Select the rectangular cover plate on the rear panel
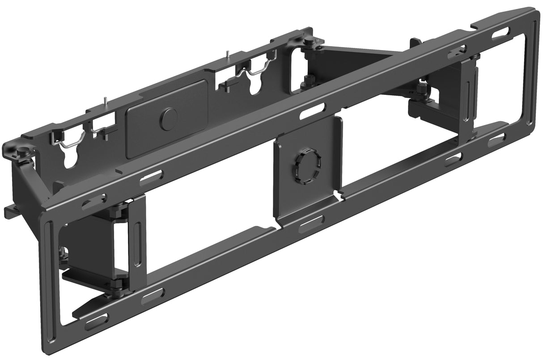tap(166, 119)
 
